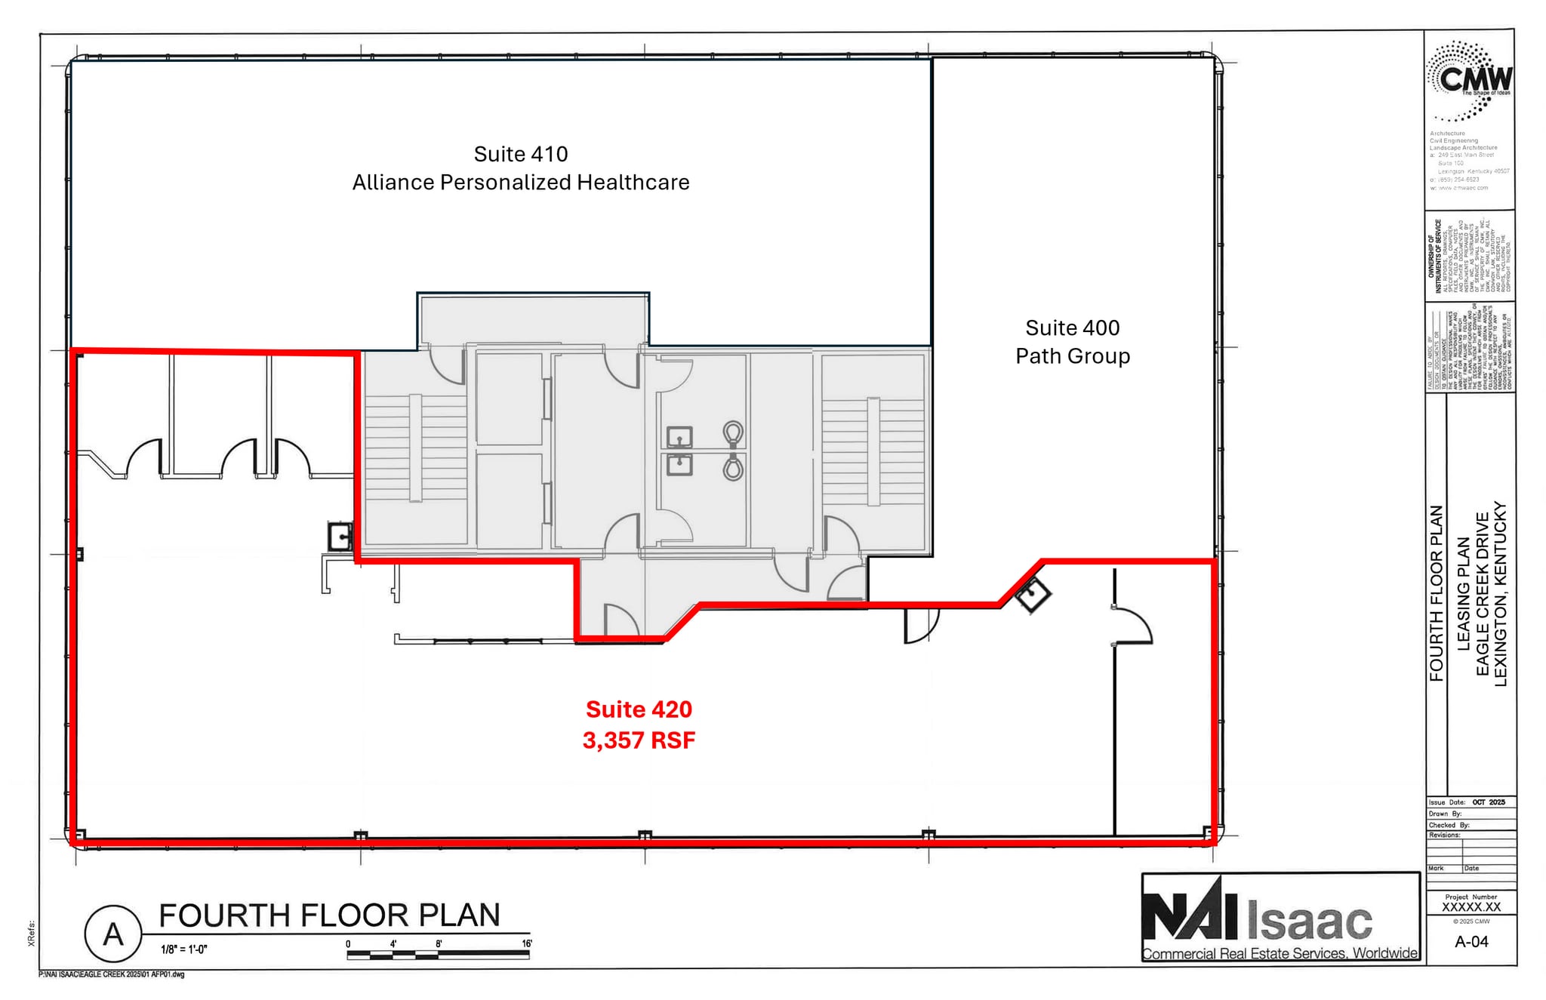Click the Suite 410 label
tap(520, 154)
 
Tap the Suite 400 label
tap(1072, 328)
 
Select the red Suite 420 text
tap(639, 709)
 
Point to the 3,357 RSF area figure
tap(639, 740)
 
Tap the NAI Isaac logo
tap(1280, 918)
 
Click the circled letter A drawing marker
tap(113, 934)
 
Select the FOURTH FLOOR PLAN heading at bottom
tap(329, 915)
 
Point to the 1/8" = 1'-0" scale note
tap(184, 949)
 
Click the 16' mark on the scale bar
tap(526, 944)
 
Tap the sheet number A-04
tap(1471, 941)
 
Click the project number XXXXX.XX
tap(1471, 907)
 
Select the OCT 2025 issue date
tap(1488, 802)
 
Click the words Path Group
tap(1072, 356)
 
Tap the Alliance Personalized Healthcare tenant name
tap(521, 183)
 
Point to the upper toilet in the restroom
tap(732, 434)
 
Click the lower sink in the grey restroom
tap(679, 464)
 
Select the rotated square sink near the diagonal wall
tap(1032, 595)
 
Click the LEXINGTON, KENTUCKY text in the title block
tap(1500, 594)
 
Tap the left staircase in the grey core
tap(415, 448)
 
